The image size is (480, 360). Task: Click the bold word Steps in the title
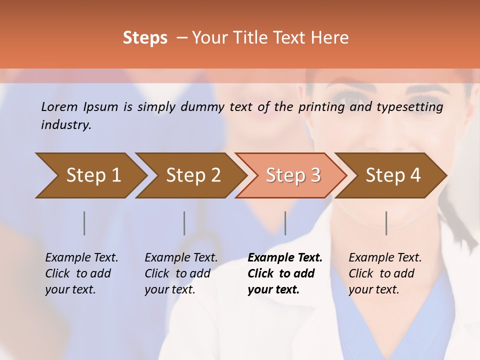145,38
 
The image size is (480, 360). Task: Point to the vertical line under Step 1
84,223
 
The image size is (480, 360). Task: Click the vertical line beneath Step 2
184,223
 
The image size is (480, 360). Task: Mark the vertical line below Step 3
285,223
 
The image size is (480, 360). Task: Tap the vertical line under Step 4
386,223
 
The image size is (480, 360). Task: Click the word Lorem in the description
59,106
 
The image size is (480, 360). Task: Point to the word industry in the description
66,125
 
